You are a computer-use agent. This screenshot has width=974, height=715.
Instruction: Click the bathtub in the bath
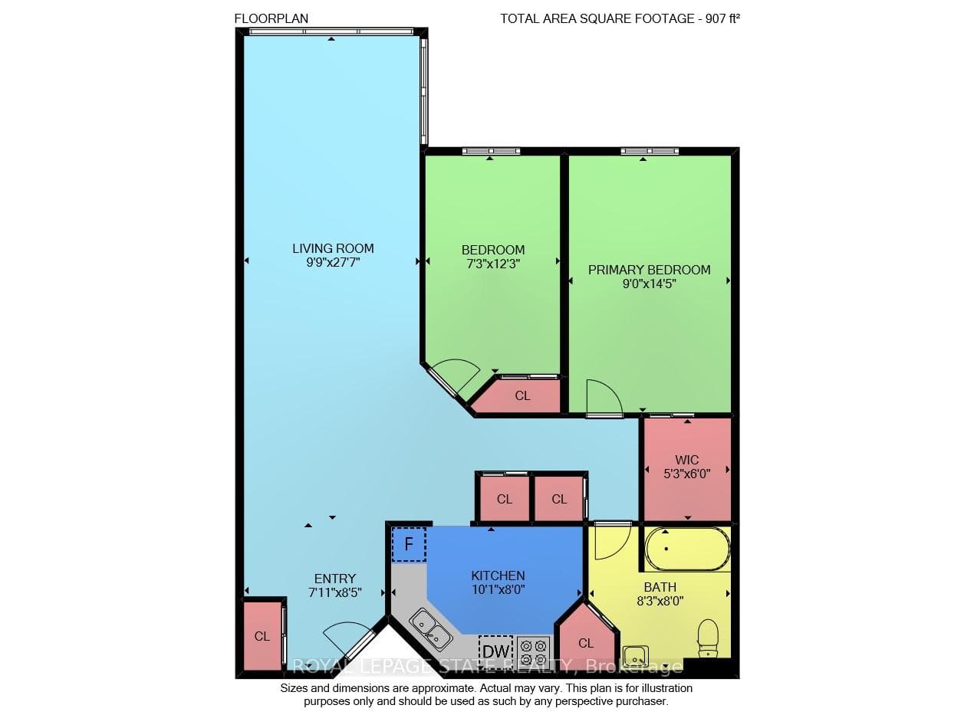[687, 549]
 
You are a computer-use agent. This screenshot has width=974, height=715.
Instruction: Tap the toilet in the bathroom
[707, 638]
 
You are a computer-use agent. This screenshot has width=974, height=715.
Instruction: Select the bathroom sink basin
[636, 656]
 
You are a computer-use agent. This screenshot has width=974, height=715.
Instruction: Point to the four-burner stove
[534, 652]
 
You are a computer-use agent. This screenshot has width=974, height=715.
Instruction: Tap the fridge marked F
[409, 544]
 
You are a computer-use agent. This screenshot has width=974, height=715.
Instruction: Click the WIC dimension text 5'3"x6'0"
[687, 474]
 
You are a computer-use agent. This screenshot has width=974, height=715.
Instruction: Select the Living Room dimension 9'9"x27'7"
[333, 262]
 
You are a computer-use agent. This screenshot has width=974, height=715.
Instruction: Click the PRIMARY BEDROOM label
[649, 270]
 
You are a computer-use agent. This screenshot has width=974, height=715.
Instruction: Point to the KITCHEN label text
[498, 576]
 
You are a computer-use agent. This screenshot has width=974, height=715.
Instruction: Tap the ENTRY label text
[335, 579]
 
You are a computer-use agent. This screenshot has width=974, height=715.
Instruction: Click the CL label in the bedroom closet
[522, 395]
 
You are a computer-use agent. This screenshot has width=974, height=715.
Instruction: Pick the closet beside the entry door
[262, 636]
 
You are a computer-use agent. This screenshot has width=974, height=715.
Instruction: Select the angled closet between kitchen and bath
[586, 640]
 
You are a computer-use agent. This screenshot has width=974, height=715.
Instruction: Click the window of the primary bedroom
[650, 151]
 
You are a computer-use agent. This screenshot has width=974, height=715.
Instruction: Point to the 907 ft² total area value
[722, 18]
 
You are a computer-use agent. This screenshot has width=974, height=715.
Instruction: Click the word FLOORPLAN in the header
[271, 18]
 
